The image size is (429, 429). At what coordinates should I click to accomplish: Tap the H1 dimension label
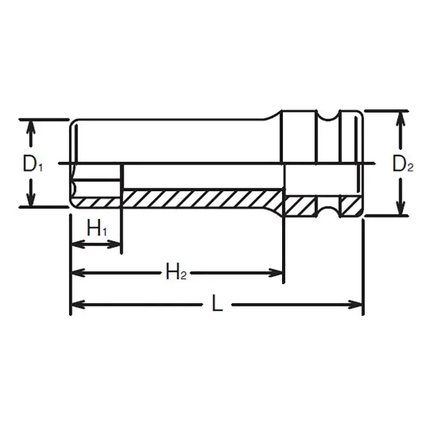coord(97,230)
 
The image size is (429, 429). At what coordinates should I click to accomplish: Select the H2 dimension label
coord(175,273)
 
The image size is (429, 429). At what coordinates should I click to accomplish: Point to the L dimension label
coord(217,304)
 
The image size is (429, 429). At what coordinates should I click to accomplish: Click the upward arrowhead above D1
coord(32,127)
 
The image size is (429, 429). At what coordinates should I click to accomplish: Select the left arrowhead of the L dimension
coord(78,305)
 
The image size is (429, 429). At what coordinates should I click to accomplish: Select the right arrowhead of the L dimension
coord(357,305)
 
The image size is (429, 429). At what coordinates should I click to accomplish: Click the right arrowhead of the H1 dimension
coord(115,245)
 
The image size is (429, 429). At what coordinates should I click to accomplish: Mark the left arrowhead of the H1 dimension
coord(78,245)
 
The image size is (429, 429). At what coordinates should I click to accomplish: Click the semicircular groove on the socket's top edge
coord(327,115)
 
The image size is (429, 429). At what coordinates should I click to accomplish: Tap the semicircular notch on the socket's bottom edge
coord(327,210)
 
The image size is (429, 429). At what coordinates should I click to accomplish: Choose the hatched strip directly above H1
coord(97,202)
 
